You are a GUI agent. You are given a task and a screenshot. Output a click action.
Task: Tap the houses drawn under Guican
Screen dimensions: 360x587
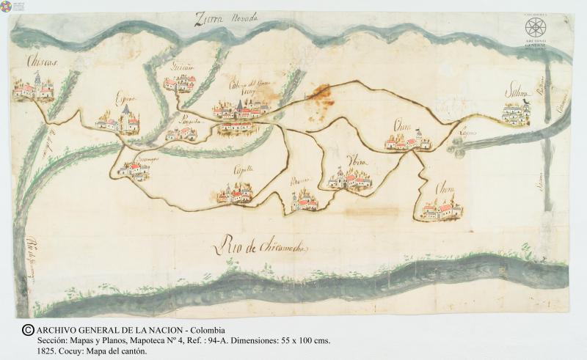tap(178, 83)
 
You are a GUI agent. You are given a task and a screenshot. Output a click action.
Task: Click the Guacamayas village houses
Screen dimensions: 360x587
tap(134, 171)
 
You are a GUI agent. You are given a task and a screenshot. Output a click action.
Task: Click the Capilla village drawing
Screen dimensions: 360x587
tap(235, 194)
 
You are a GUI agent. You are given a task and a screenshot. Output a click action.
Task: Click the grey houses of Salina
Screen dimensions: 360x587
tap(516, 113)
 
